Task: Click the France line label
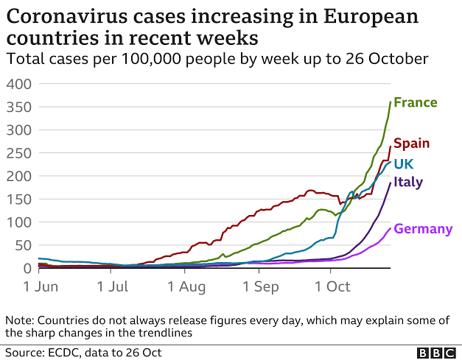point(415,102)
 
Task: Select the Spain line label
point(411,144)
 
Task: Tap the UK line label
point(403,163)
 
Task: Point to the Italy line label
point(408,182)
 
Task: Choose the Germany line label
point(423,229)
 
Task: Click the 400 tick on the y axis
point(18,84)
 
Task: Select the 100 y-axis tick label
point(18,222)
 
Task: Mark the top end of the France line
point(390,102)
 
